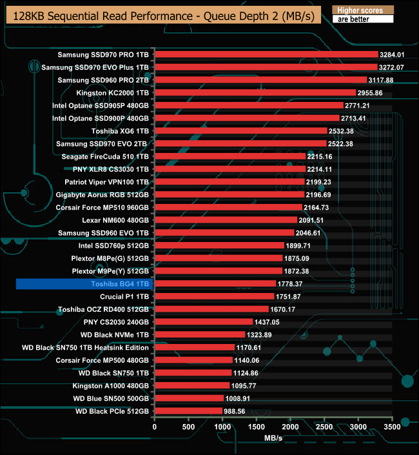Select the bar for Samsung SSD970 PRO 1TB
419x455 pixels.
(x=266, y=54)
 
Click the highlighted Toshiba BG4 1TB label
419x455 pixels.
(x=118, y=283)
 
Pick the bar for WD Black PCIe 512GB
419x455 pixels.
(x=188, y=411)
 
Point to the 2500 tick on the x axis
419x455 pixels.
(x=324, y=427)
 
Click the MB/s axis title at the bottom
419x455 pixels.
(x=273, y=438)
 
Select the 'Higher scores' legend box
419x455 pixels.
(x=362, y=10)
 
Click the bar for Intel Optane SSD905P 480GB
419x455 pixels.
(x=249, y=105)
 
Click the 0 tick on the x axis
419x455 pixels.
(x=155, y=427)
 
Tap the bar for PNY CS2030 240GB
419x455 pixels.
(x=204, y=321)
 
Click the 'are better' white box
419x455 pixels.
(x=362, y=19)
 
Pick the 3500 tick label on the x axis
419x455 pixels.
(x=392, y=427)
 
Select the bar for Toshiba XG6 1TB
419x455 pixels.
(x=241, y=131)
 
